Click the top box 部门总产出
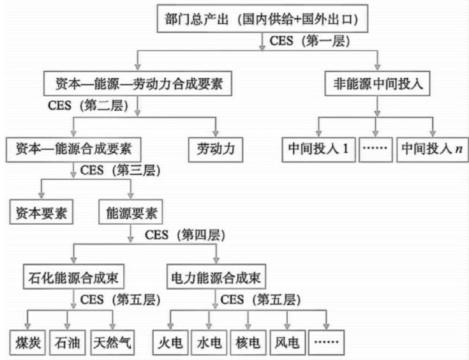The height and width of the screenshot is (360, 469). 264,19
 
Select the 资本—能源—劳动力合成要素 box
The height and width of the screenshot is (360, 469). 137,84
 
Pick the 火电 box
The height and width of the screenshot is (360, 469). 170,342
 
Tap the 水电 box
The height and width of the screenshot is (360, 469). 209,342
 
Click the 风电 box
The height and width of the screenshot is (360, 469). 287,342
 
